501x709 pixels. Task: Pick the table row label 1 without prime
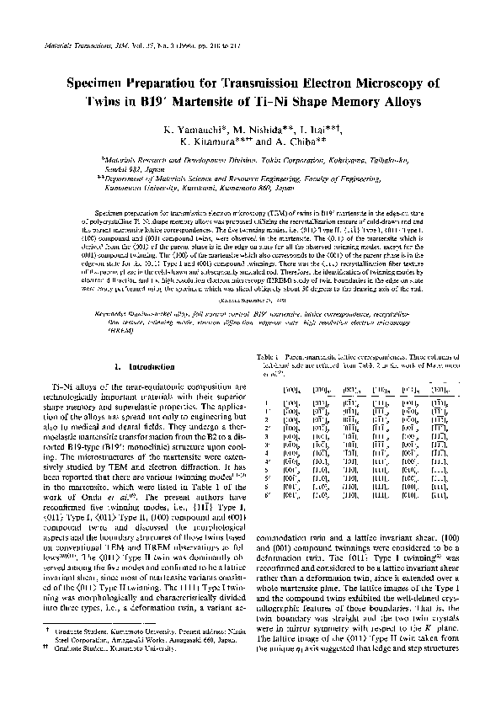(266, 403)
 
